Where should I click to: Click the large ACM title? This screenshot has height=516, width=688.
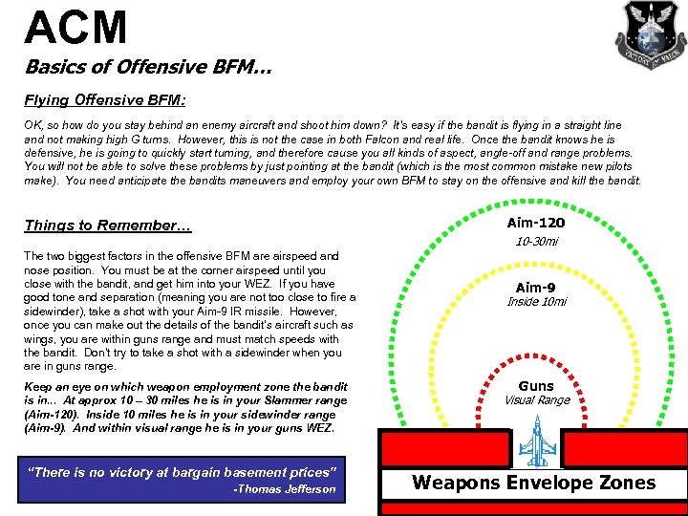point(76,27)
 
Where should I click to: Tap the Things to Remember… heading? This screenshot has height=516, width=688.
point(108,226)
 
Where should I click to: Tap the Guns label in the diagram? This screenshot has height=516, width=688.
point(536,386)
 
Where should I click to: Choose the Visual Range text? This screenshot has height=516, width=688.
point(536,400)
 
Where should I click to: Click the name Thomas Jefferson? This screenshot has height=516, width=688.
point(288,489)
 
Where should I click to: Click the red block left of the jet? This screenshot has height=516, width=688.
point(443,447)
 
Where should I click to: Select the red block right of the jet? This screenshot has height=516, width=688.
point(622,447)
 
